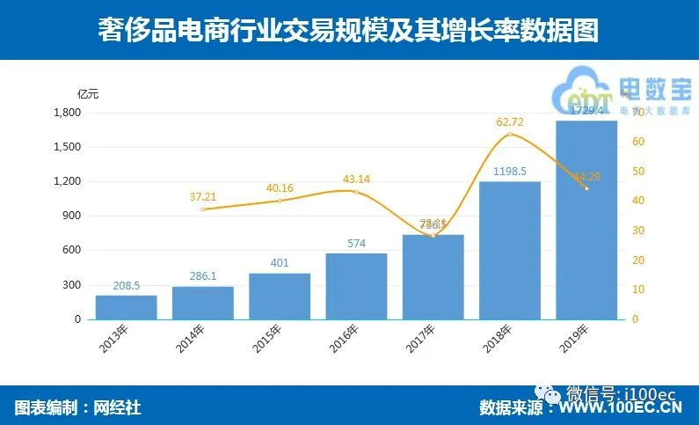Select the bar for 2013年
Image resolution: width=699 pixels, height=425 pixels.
[127, 307]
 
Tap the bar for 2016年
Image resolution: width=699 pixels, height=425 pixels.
[356, 286]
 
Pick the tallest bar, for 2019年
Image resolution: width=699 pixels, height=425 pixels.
[586, 220]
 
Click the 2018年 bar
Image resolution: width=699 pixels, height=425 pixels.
[510, 250]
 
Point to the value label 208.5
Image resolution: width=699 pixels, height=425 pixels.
[127, 286]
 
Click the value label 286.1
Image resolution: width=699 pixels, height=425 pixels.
[203, 277]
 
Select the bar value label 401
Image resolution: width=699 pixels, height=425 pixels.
[280, 264]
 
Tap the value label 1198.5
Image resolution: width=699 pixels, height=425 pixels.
[510, 172]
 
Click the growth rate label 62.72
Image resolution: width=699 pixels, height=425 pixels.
[510, 121]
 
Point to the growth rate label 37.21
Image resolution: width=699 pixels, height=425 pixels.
[203, 197]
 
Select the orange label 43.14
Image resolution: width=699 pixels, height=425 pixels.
[356, 180]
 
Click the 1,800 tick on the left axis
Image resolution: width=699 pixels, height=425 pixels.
[67, 113]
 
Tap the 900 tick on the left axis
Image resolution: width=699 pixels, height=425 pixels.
[72, 216]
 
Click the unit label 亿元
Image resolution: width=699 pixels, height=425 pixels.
[88, 94]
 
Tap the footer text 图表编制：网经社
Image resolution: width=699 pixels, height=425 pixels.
[78, 407]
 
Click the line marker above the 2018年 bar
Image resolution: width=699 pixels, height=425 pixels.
[510, 134]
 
